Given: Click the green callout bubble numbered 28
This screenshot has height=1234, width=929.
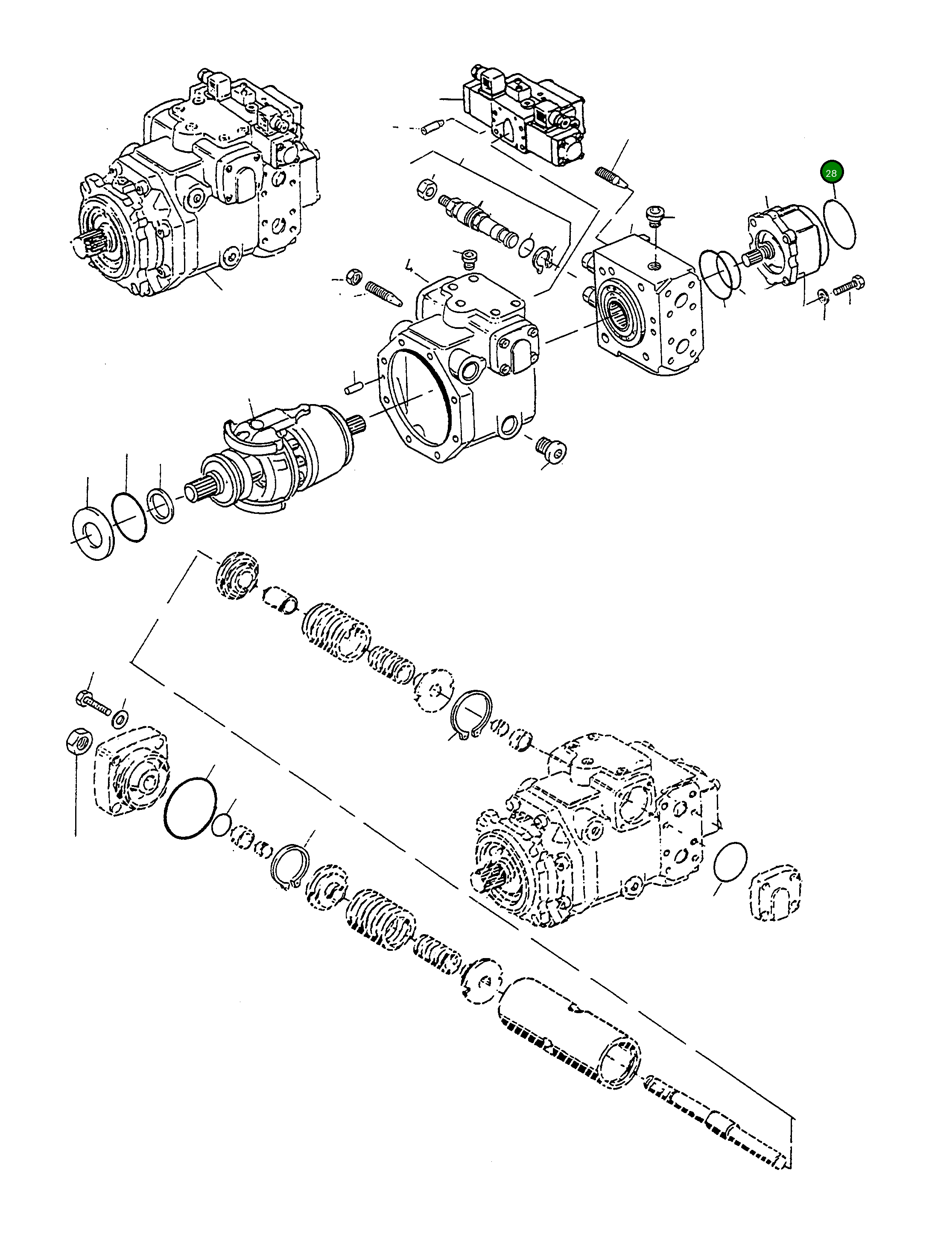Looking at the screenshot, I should click(830, 173).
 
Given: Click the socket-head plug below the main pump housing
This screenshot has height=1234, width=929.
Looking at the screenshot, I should click(551, 450).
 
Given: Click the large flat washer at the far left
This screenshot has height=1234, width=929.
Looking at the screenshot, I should click(93, 532).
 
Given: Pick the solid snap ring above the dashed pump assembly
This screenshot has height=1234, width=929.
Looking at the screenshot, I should click(472, 714).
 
